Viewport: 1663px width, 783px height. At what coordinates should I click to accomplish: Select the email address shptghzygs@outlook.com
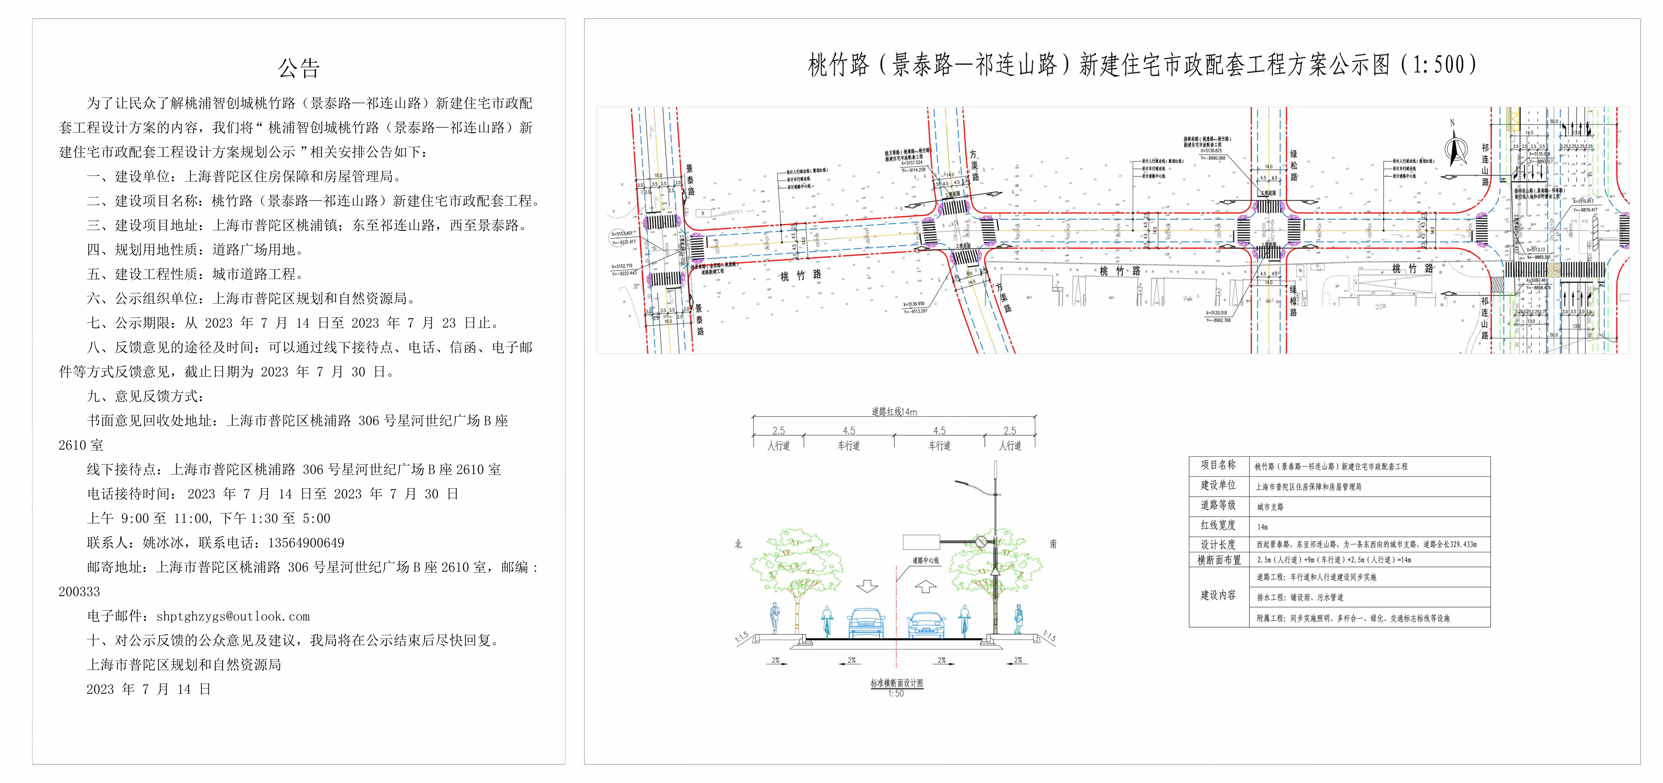233,616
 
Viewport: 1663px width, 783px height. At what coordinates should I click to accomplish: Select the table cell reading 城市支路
1270,507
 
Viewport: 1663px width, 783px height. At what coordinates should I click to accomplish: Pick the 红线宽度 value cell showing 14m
1262,527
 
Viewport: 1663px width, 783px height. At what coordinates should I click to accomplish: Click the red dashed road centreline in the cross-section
897,613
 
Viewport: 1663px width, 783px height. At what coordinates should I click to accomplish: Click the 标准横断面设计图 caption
896,683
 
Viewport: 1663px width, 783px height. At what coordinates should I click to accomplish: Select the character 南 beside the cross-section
1053,544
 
